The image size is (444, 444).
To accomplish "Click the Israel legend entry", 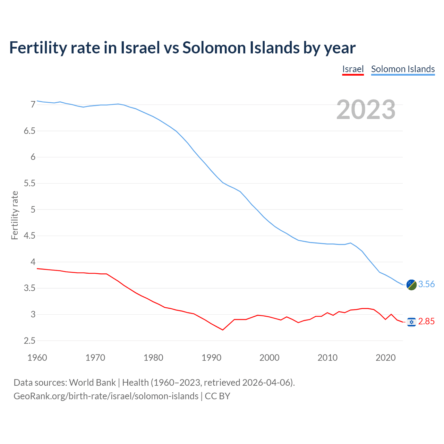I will point(353,69).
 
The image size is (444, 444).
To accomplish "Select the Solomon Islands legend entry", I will point(403,69).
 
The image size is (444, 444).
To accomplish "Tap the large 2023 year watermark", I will point(366,110).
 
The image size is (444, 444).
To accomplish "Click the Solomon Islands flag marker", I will point(411,284).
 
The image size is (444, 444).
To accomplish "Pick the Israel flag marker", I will point(411,322).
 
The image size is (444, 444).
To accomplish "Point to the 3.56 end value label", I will point(426,284).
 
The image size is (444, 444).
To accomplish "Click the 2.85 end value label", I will point(426,322).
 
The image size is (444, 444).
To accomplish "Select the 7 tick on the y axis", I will point(33,105).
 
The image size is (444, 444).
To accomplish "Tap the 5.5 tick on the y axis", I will point(30,183).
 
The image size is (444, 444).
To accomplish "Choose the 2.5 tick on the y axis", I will point(30,341).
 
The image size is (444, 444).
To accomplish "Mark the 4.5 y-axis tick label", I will point(30,236).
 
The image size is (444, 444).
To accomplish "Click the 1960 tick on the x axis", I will point(37,358).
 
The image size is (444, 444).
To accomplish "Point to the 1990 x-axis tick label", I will point(211,358).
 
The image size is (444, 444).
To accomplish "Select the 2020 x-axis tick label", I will point(385,358).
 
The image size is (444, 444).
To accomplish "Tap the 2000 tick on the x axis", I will point(270,358).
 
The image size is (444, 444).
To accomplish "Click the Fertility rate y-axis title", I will point(15,215).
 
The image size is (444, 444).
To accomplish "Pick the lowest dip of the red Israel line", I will point(223,330).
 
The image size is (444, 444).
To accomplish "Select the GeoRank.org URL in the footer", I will point(106,396).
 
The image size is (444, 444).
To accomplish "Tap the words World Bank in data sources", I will point(92,383).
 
